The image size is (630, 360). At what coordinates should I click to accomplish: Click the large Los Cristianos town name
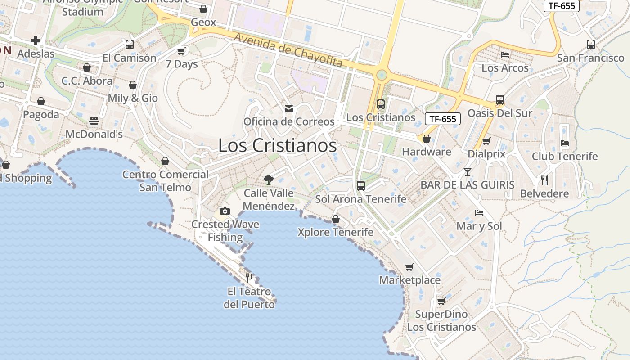pyautogui.click(x=277, y=145)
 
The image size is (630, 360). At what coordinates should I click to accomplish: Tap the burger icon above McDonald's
pyautogui.click(x=94, y=121)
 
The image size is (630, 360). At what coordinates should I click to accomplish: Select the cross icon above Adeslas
pyautogui.click(x=36, y=41)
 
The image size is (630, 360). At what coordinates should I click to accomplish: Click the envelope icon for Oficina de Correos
pyautogui.click(x=289, y=109)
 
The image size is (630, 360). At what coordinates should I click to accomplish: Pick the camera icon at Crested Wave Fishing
pyautogui.click(x=225, y=211)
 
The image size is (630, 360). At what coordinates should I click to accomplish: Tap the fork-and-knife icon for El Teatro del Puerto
pyautogui.click(x=249, y=278)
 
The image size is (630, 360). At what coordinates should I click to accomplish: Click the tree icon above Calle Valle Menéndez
pyautogui.click(x=269, y=180)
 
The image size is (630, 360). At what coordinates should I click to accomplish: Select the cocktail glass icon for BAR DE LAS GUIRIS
pyautogui.click(x=468, y=171)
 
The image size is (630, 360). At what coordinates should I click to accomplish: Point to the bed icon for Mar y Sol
pyautogui.click(x=479, y=212)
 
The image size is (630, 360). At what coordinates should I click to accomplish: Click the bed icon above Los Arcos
pyautogui.click(x=505, y=55)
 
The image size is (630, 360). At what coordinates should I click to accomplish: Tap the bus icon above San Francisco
pyautogui.click(x=591, y=44)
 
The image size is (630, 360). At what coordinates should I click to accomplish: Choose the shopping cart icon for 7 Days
pyautogui.click(x=181, y=51)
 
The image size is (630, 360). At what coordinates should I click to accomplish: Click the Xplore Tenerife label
pyautogui.click(x=336, y=232)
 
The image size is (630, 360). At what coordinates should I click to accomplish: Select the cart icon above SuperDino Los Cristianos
pyautogui.click(x=441, y=301)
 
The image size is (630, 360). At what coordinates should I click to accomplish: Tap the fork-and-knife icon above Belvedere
pyautogui.click(x=544, y=180)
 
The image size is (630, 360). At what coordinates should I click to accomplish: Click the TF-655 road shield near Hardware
pyautogui.click(x=443, y=119)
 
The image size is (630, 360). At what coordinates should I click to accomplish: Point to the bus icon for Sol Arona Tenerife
pyautogui.click(x=360, y=185)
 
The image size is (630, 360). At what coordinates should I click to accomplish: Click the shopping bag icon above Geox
pyautogui.click(x=203, y=9)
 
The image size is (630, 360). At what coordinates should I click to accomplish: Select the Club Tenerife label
pyautogui.click(x=565, y=156)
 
